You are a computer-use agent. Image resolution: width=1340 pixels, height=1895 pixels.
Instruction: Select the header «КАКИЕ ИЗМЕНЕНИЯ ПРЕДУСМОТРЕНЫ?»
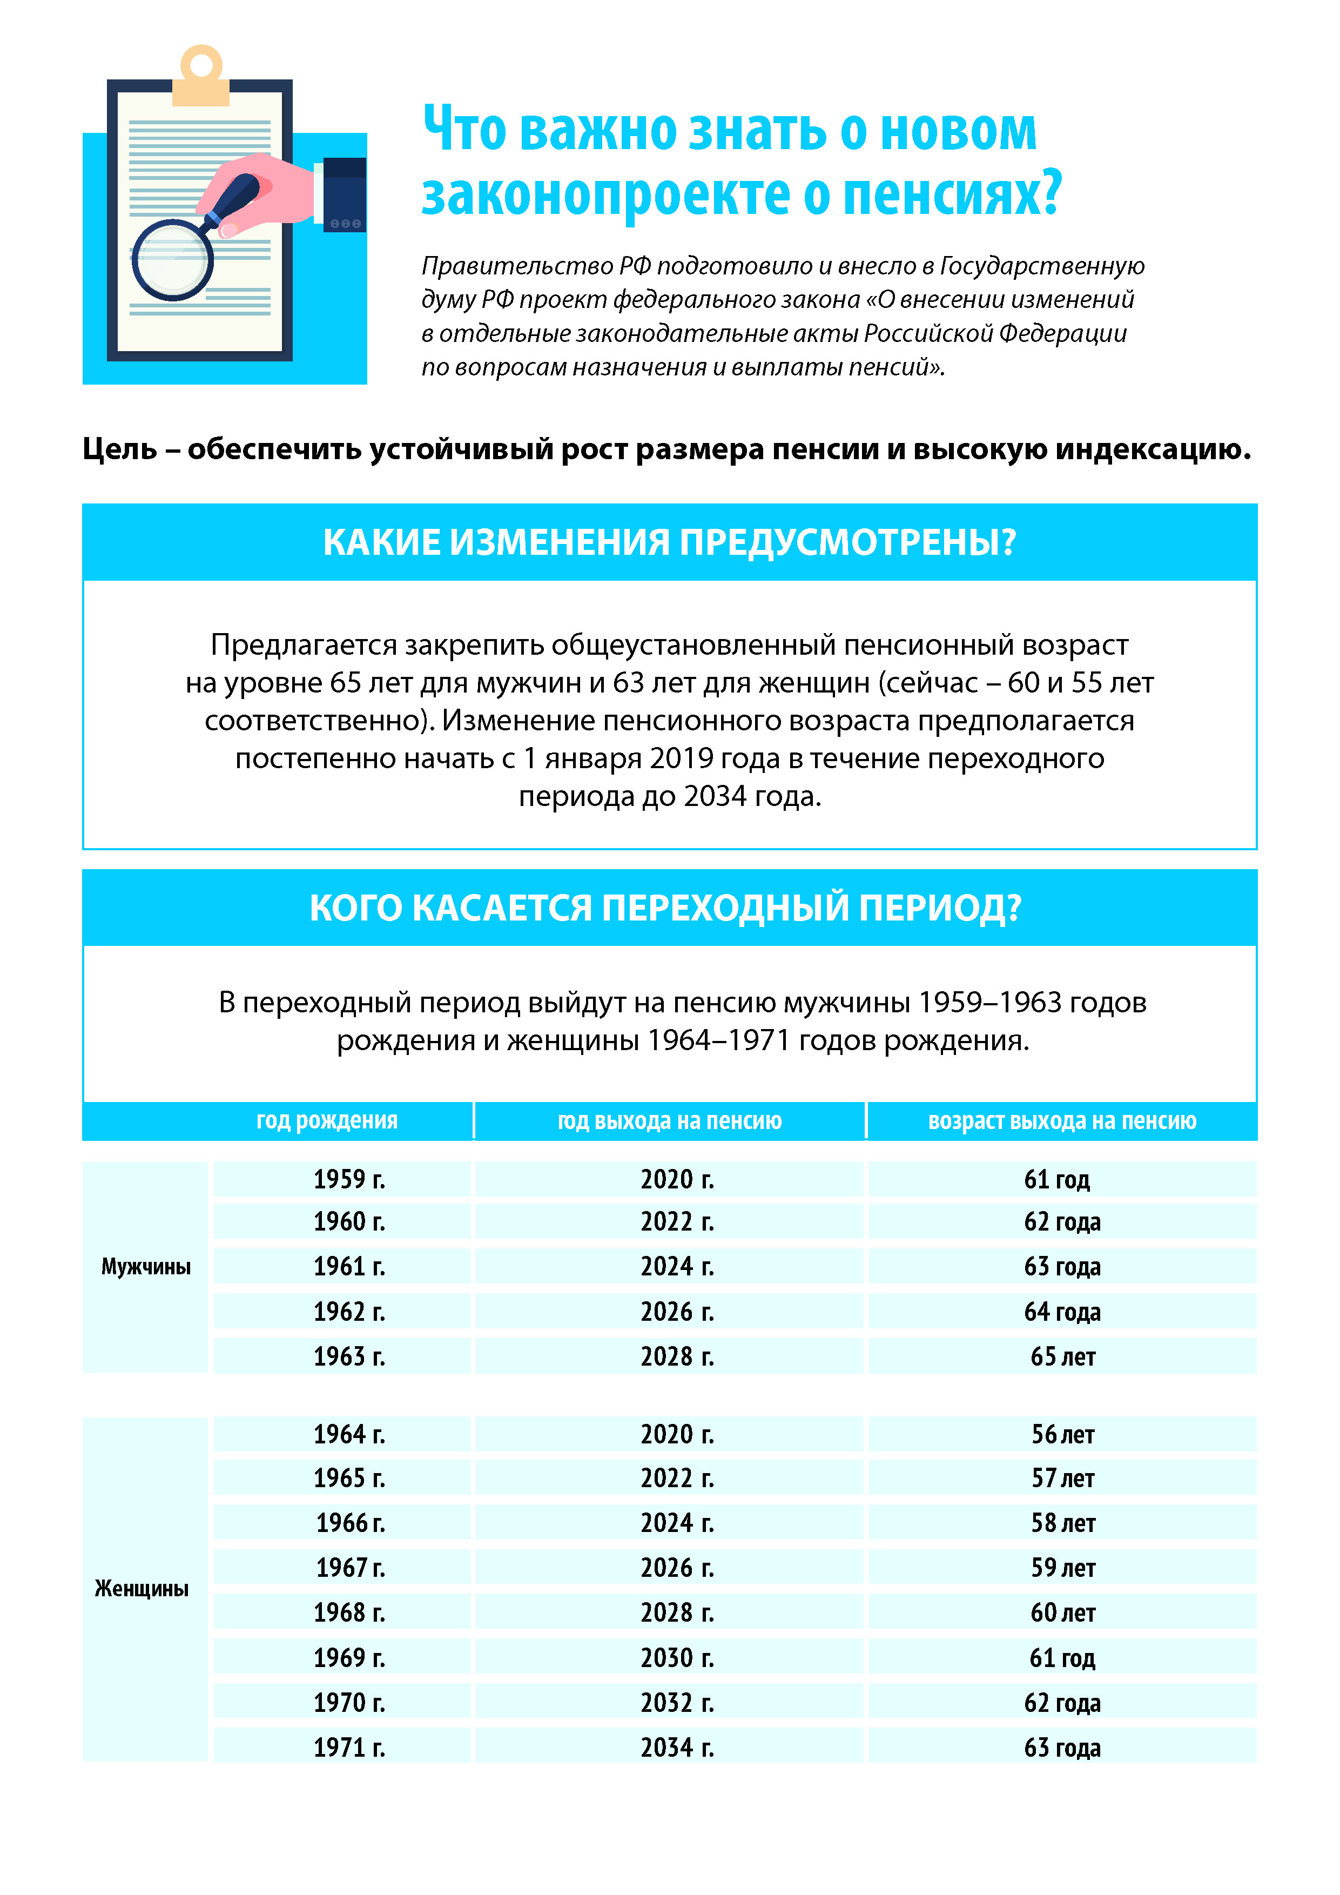tap(669, 542)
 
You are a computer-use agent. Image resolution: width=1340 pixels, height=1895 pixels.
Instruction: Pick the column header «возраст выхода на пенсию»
tap(1062, 1121)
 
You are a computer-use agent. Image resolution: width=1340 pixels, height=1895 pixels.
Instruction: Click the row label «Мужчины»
tap(146, 1266)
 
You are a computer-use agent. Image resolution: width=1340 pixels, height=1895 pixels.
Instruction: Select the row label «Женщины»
tap(142, 1588)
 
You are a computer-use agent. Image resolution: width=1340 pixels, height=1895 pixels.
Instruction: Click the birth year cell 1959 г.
tap(349, 1179)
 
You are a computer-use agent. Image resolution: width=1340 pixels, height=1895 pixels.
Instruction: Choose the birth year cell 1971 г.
tap(349, 1748)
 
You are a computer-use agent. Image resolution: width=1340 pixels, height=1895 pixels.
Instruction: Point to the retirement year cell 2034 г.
tap(677, 1748)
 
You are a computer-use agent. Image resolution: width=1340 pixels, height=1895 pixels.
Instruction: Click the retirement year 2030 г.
tap(677, 1657)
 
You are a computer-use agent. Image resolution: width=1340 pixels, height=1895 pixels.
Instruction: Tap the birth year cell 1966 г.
tap(350, 1523)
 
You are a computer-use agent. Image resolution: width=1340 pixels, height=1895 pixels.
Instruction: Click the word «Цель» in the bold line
tap(120, 450)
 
